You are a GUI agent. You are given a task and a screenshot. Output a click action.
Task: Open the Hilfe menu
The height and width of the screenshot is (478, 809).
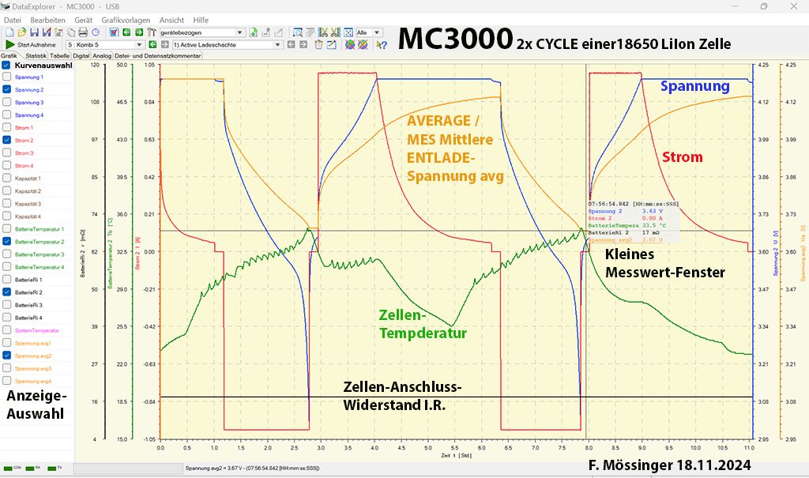201,20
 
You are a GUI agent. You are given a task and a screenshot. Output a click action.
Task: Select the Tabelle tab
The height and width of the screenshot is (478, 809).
60,56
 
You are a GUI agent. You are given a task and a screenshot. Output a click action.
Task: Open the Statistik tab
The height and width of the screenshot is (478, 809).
36,56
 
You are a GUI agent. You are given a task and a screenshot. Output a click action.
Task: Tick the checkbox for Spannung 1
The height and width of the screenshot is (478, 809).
7,77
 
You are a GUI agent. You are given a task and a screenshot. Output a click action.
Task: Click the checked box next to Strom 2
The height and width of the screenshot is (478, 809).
7,141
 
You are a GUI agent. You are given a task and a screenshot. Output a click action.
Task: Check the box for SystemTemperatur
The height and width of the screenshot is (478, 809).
7,330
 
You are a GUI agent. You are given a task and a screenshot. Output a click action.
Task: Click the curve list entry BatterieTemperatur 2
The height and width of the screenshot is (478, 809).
40,242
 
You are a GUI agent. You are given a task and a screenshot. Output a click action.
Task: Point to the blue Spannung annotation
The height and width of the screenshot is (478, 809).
694,86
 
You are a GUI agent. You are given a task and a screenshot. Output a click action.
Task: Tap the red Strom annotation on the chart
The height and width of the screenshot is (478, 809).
683,158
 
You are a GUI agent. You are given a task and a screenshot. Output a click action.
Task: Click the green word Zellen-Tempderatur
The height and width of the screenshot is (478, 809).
423,323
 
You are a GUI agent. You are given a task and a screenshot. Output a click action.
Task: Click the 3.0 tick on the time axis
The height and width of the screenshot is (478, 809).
321,447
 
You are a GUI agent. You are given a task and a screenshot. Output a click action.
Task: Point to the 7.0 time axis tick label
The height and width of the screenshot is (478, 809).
535,447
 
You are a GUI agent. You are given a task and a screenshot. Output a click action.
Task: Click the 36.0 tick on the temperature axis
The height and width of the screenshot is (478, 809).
122,214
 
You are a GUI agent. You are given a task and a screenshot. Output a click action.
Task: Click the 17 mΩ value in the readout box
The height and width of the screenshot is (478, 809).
649,233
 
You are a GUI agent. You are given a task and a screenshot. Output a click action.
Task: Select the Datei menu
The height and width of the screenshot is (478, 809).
13,20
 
